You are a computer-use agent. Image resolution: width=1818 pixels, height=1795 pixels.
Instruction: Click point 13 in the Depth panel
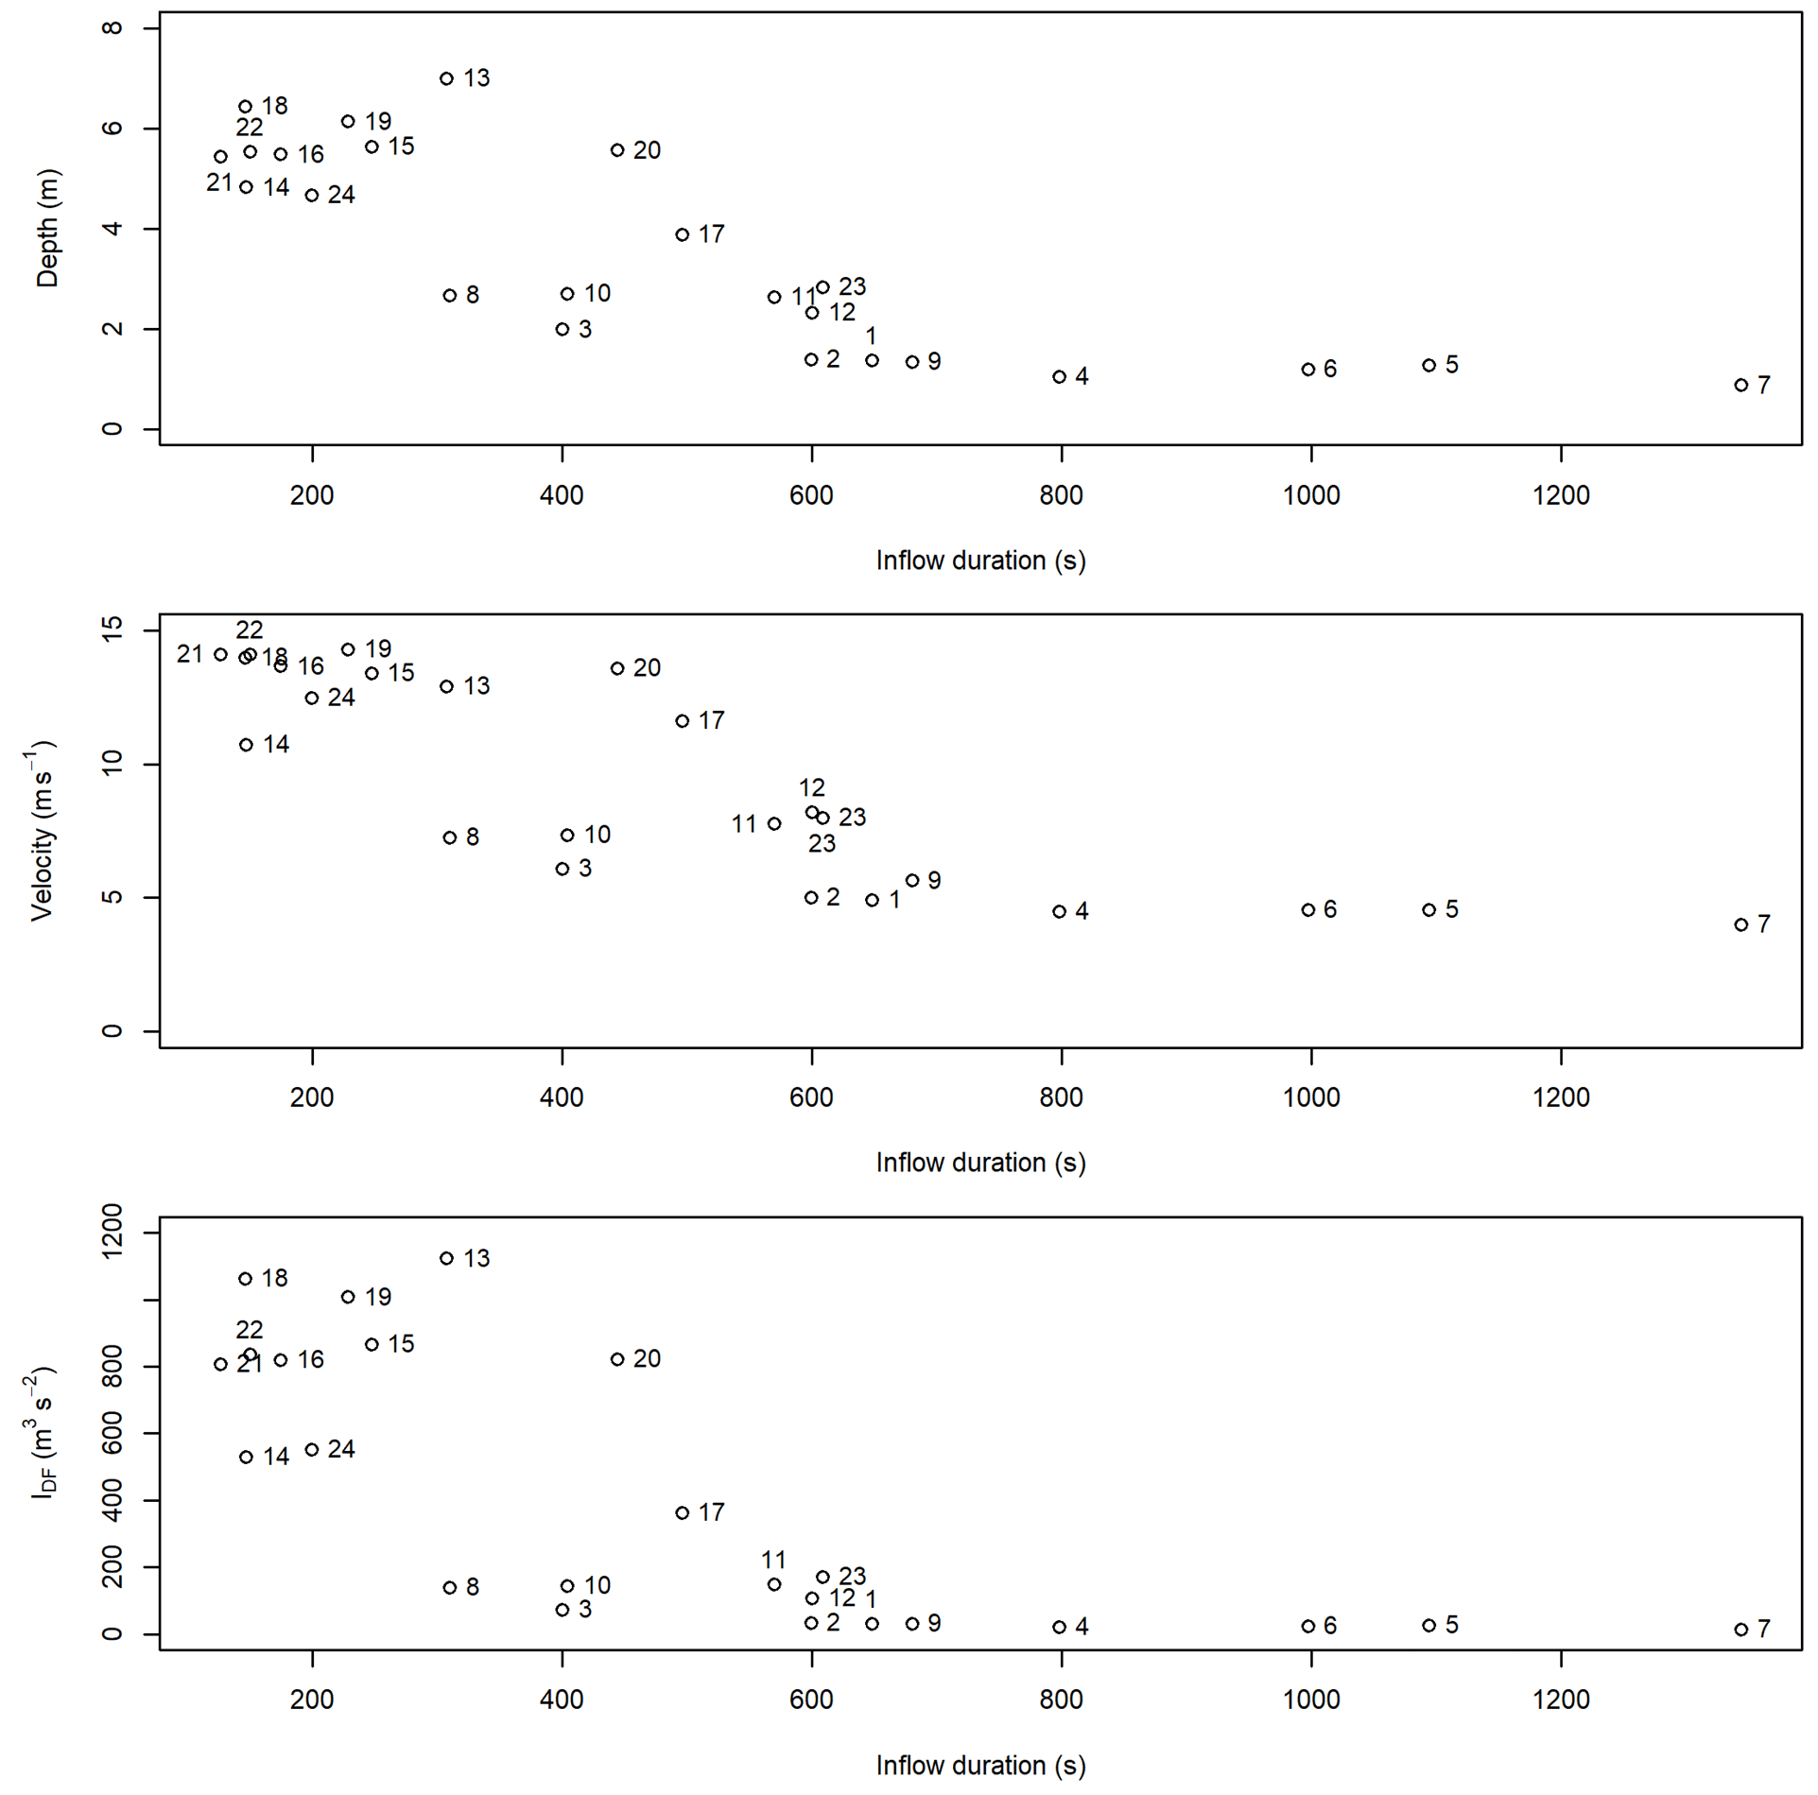pos(446,78)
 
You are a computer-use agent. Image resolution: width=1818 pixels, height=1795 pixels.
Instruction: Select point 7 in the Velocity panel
pos(1740,924)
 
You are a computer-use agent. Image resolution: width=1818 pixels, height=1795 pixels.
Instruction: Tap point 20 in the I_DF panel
pos(617,1359)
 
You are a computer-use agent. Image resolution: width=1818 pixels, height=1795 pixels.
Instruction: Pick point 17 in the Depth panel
pos(683,234)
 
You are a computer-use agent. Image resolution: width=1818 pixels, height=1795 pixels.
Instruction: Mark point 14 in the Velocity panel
pos(246,745)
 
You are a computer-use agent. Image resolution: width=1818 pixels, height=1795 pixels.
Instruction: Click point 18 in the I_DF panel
pos(246,1279)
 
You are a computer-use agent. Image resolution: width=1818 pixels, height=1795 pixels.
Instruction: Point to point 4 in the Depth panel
pos(1059,376)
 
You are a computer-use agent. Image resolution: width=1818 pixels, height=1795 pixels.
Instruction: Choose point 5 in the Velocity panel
pos(1428,909)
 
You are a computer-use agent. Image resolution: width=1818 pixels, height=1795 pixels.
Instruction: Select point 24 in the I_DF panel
pos(312,1450)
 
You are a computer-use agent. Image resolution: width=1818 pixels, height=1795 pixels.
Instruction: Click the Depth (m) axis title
pos(47,228)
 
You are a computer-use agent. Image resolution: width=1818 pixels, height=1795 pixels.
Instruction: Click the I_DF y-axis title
pos(42,1432)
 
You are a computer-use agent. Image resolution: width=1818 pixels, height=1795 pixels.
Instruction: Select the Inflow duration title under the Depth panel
pos(980,561)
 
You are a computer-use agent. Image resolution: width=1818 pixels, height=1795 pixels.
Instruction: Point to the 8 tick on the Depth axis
pos(113,28)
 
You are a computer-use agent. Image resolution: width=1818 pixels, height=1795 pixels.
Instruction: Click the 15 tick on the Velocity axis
pos(113,630)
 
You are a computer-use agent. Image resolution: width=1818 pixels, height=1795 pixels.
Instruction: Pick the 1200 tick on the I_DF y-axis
pos(113,1232)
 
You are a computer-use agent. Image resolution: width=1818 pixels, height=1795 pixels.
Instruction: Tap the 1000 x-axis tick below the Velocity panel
pos(1310,1097)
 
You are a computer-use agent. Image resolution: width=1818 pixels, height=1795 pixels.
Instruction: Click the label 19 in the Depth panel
pos(378,121)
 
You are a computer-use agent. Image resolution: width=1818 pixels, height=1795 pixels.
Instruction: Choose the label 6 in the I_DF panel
pos(1330,1626)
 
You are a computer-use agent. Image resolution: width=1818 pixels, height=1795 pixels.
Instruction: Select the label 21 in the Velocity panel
pos(189,653)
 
